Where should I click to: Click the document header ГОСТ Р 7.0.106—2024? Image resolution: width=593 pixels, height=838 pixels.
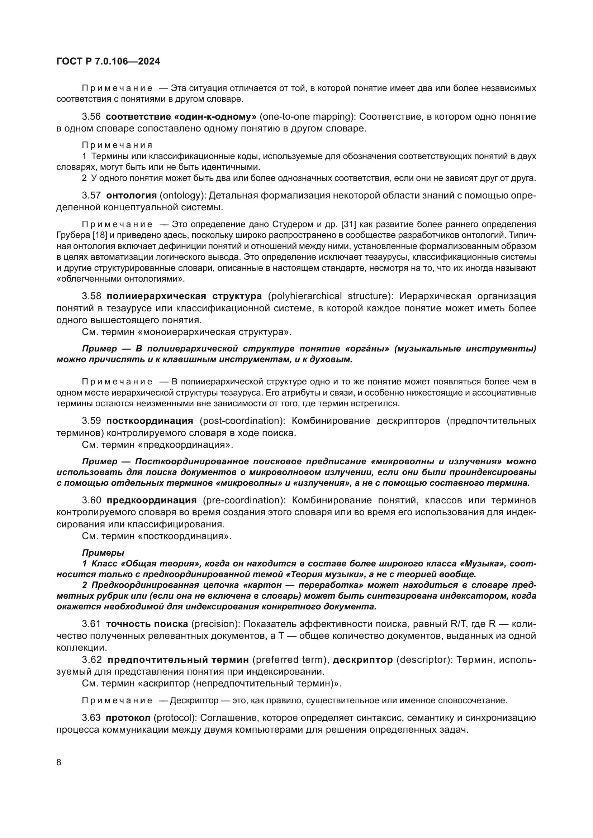click(108, 61)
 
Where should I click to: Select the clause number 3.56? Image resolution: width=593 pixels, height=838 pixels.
click(91, 117)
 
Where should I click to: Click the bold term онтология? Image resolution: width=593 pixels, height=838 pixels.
click(131, 195)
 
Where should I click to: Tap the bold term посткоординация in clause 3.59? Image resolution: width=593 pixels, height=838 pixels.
click(150, 421)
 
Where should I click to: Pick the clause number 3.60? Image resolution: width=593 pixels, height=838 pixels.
click(91, 500)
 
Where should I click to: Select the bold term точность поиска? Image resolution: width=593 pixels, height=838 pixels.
click(147, 624)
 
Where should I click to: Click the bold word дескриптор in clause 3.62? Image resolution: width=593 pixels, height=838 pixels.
click(362, 660)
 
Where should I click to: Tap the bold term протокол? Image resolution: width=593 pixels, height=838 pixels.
click(128, 718)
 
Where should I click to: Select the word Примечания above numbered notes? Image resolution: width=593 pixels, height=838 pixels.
click(117, 145)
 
